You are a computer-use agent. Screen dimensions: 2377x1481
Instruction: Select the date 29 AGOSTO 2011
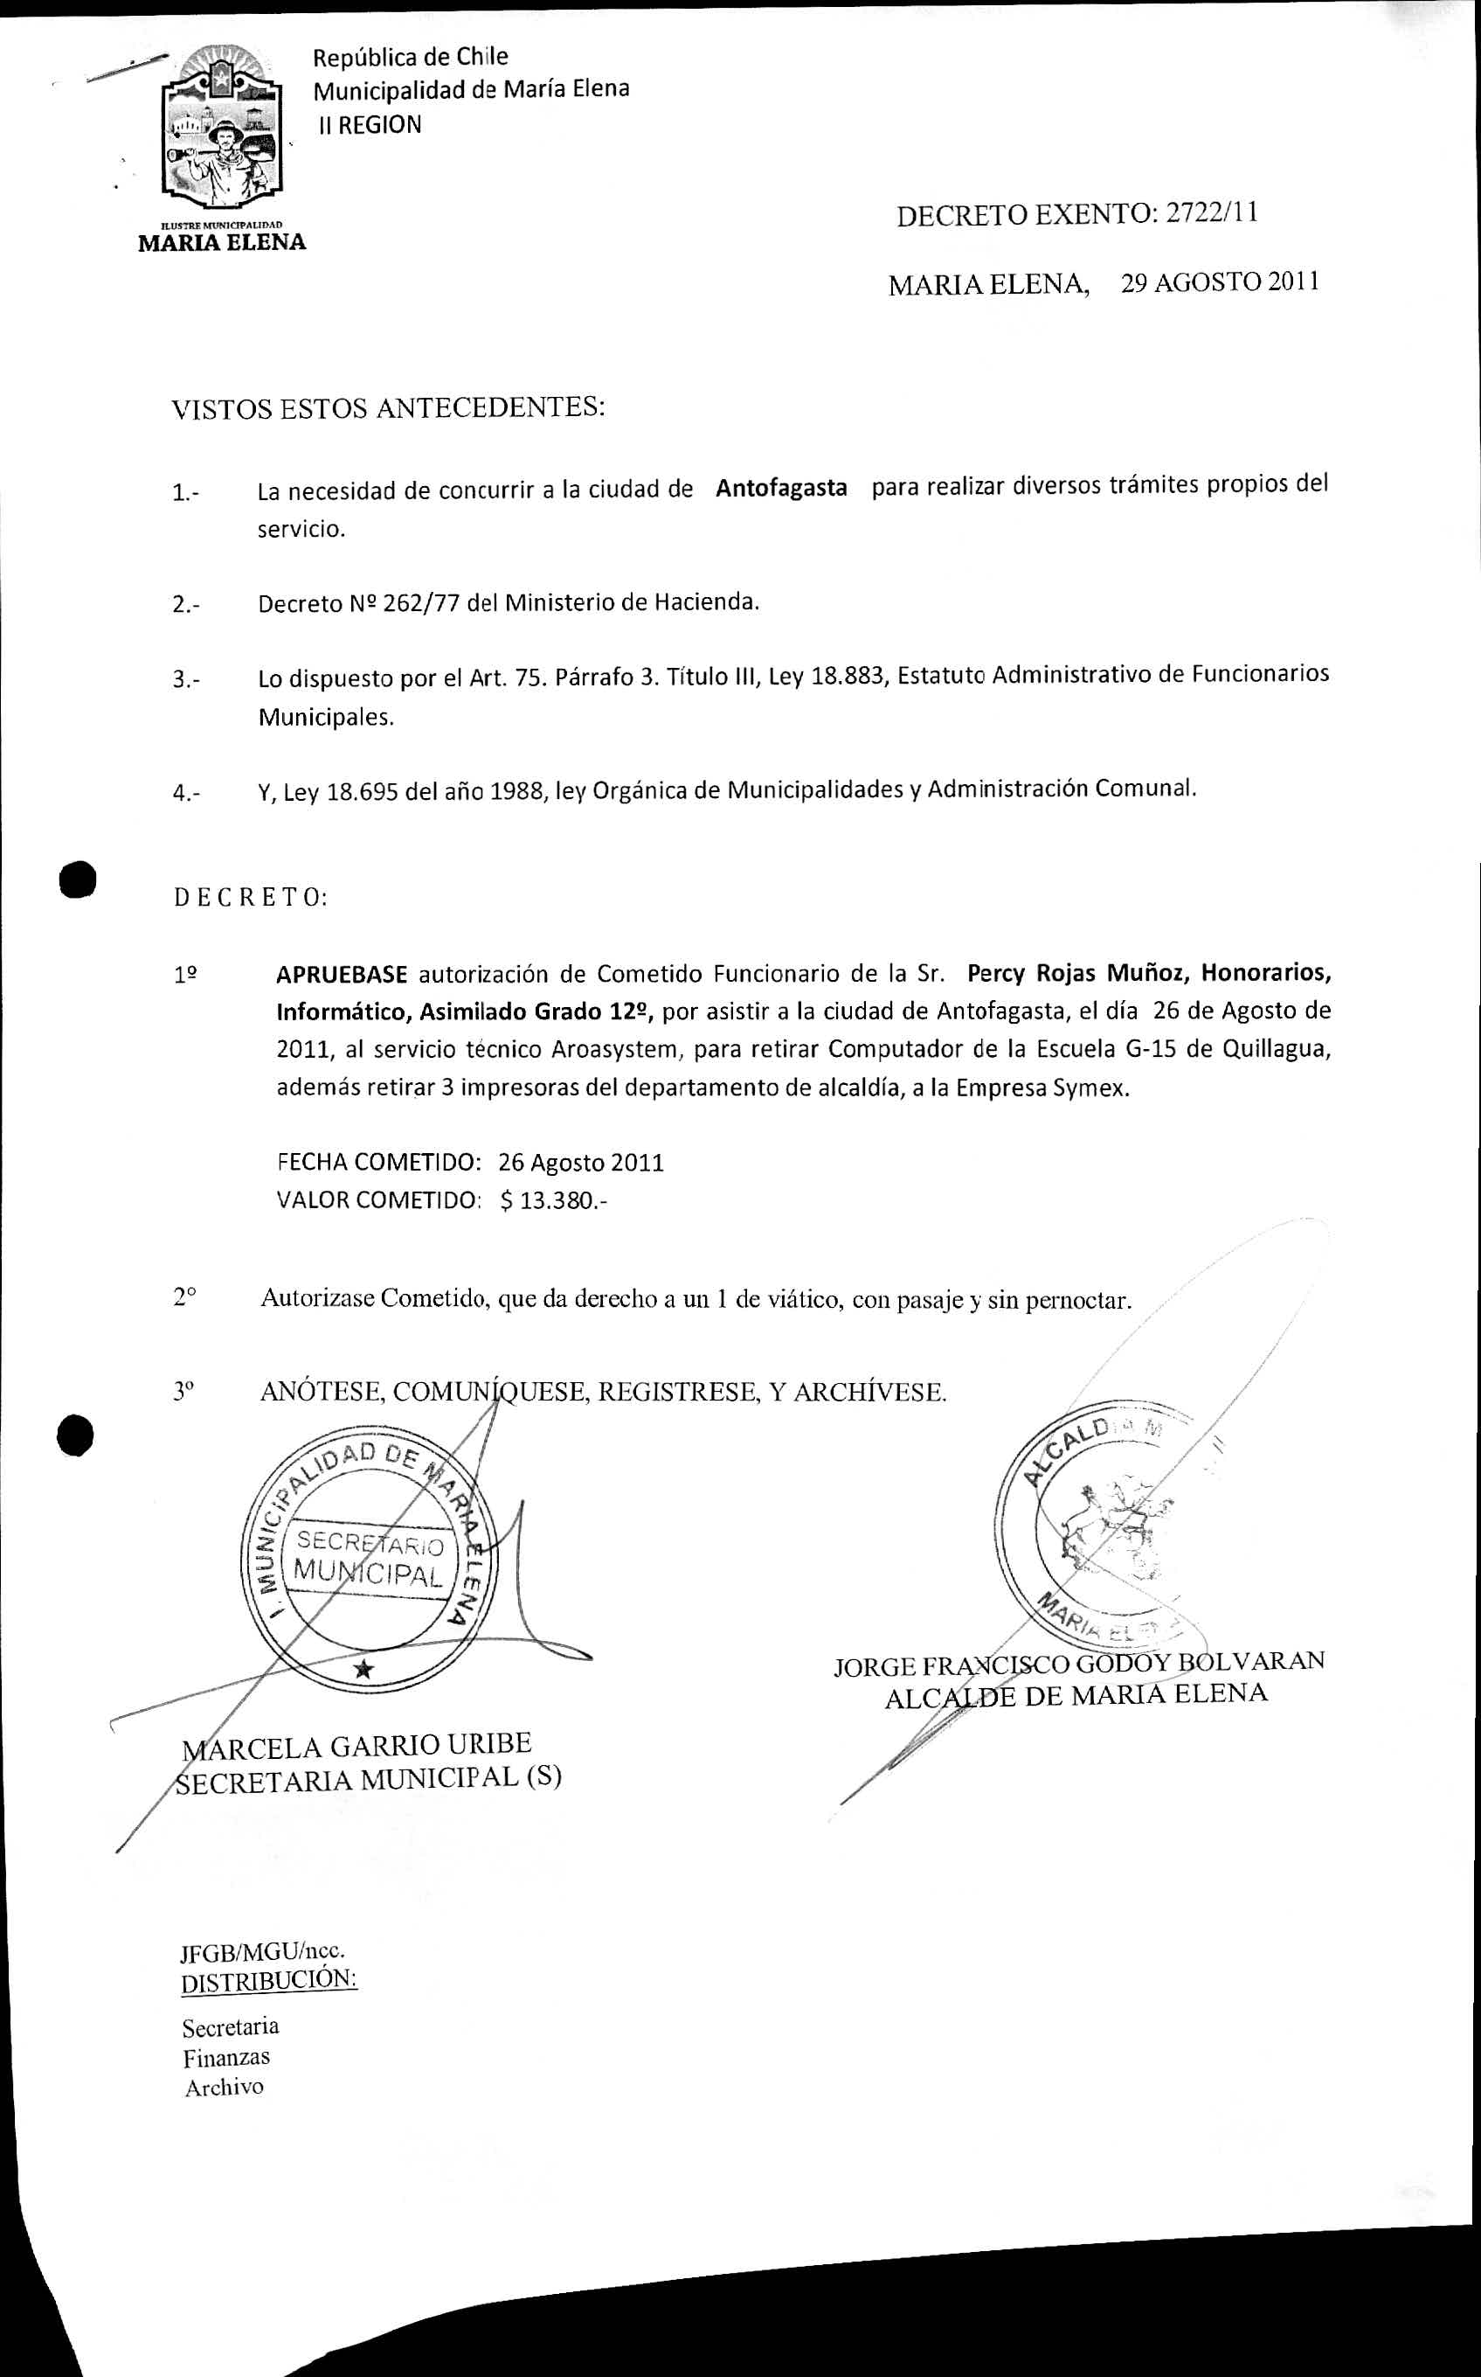pos(1220,282)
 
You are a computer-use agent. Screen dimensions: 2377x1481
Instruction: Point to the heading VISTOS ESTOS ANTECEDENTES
pos(388,407)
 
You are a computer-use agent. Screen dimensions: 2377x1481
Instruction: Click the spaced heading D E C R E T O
pos(251,898)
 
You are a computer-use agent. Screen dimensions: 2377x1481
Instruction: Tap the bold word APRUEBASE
pos(341,974)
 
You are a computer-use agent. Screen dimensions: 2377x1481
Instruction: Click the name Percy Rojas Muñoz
pos(1076,973)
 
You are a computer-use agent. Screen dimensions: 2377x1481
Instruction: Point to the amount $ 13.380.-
pos(553,1200)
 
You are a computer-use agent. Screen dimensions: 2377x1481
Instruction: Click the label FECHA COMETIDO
pos(379,1162)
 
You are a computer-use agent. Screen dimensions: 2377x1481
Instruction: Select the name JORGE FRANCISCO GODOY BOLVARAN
pos(1078,1663)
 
